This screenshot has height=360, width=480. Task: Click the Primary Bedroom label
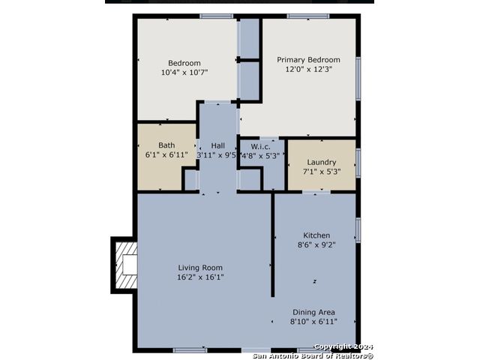point(308,60)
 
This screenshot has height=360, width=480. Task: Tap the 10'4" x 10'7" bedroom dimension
point(184,73)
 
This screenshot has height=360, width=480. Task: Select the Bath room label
point(166,145)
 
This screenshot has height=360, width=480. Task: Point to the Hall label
point(218,145)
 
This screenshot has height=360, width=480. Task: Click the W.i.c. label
point(260,146)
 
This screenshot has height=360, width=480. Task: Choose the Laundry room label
point(322,162)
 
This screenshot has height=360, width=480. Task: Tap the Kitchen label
point(316,235)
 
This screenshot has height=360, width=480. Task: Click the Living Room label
point(200,268)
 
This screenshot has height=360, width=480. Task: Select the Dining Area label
point(313,312)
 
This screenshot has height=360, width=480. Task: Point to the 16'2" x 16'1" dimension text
point(200,277)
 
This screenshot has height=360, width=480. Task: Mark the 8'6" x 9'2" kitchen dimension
point(316,245)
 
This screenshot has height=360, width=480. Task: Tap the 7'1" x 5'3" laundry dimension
point(322,172)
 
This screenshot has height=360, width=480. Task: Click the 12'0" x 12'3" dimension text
point(309,69)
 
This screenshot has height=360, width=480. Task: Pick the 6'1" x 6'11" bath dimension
point(166,155)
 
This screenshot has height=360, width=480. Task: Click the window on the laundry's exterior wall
point(358,163)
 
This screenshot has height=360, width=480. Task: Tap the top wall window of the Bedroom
point(217,16)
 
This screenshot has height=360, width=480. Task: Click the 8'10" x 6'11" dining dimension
point(313,322)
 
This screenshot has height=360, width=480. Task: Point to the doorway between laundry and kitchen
point(316,192)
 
